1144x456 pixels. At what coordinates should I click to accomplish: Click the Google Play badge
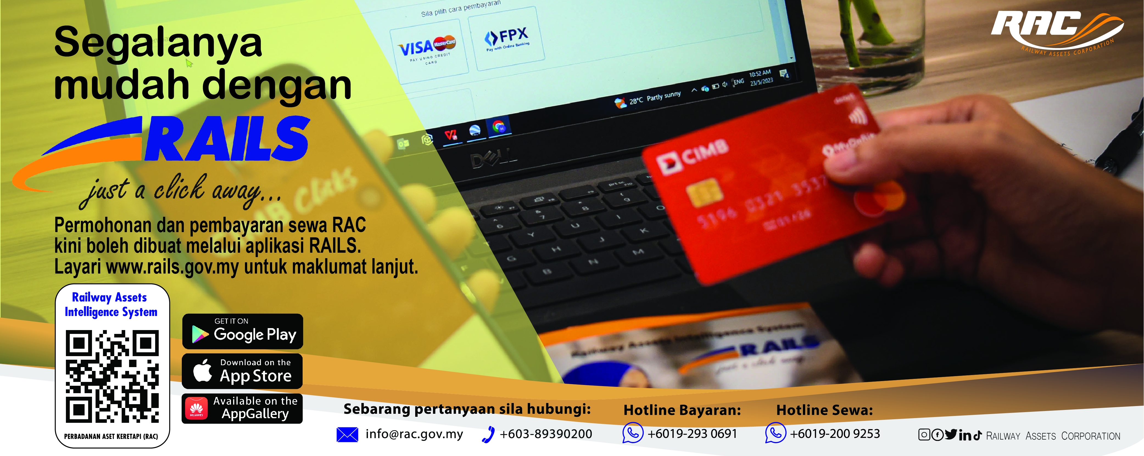click(242, 331)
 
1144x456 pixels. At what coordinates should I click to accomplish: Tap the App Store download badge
click(242, 371)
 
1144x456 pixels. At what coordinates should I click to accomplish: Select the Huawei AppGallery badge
click(242, 408)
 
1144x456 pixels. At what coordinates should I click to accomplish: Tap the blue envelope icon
click(347, 435)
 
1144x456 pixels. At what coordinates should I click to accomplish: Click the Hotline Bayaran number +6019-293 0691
click(692, 434)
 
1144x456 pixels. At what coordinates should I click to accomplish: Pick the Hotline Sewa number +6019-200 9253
click(835, 434)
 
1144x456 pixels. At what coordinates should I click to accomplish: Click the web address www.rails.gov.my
click(172, 267)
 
